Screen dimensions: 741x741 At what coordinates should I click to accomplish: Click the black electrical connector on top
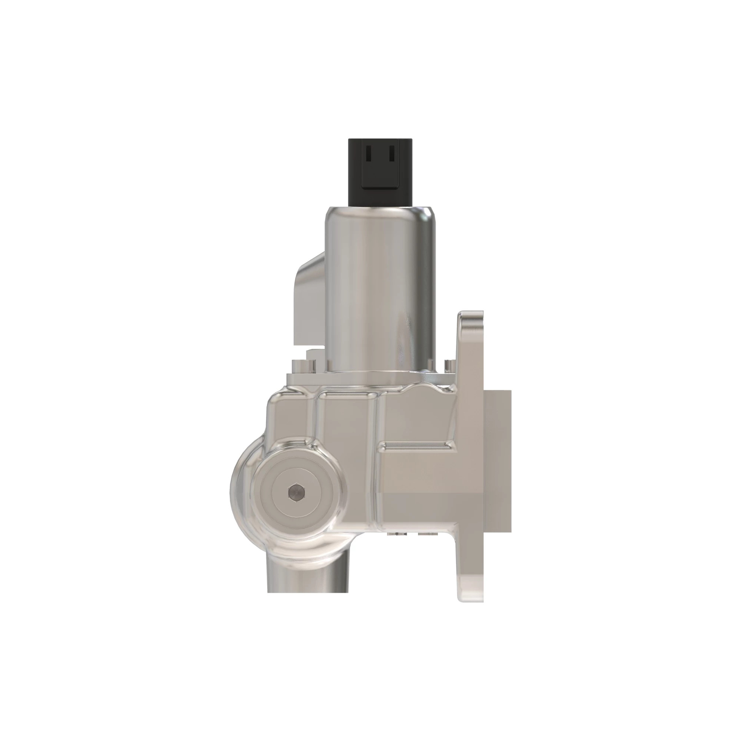click(380, 173)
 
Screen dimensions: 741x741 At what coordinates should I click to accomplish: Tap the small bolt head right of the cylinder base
click(449, 366)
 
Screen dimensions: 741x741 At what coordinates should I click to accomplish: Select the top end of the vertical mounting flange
click(471, 318)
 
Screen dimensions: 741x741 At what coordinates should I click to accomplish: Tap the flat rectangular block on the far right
click(498, 460)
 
